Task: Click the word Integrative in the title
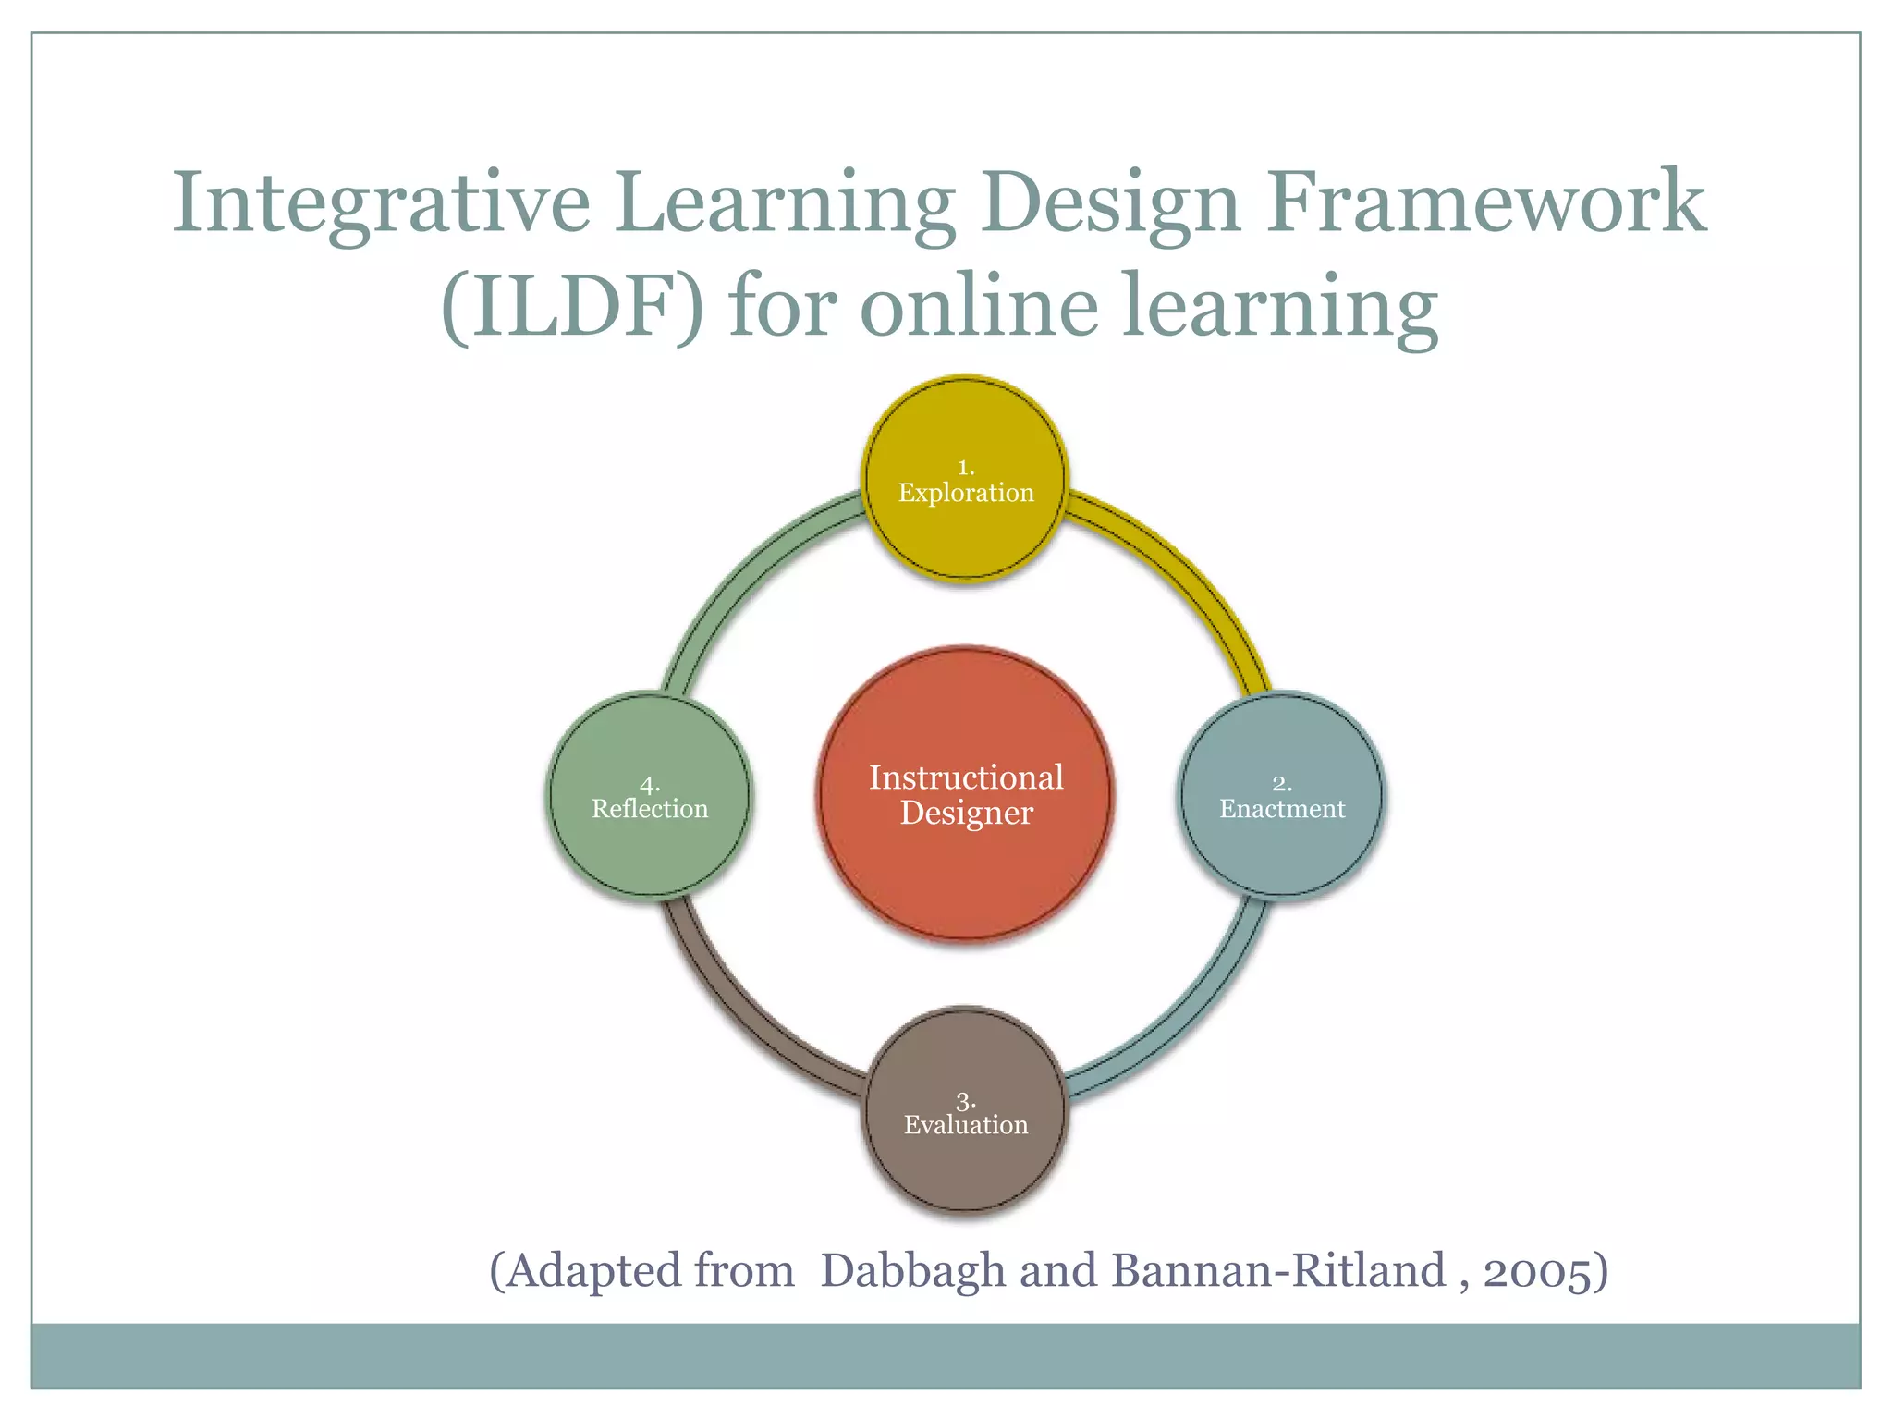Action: click(x=381, y=203)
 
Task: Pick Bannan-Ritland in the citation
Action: click(x=1278, y=1270)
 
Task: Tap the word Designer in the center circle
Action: click(x=966, y=814)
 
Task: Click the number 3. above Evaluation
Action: click(x=965, y=1102)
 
